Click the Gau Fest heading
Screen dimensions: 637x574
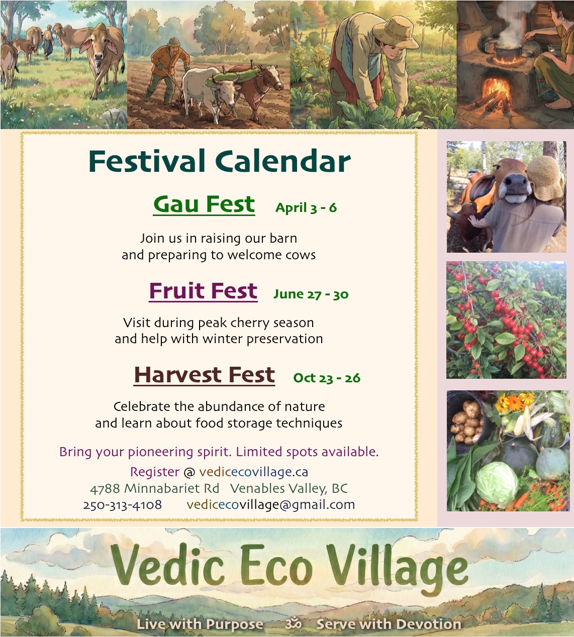[204, 204]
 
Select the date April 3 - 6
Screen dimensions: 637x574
[306, 207]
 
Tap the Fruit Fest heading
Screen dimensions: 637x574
[203, 291]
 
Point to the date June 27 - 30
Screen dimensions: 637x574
[311, 294]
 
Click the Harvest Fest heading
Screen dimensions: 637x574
[204, 375]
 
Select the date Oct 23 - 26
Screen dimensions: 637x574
[327, 378]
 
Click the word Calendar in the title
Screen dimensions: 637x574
[283, 162]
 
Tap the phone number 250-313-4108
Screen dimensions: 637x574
[123, 504]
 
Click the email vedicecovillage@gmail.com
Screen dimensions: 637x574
[270, 504]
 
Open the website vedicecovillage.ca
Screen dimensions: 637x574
[253, 472]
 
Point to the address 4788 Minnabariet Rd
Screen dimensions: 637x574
[154, 488]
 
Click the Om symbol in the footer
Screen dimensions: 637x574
[293, 624]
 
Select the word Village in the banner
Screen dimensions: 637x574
[397, 568]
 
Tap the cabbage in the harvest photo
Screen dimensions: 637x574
[497, 483]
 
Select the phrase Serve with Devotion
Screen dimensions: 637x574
[388, 624]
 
